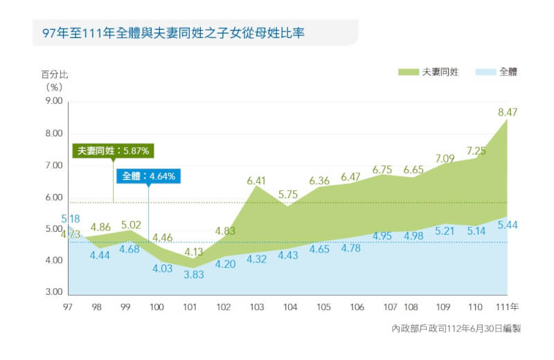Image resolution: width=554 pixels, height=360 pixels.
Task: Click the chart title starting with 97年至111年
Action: pos(175,33)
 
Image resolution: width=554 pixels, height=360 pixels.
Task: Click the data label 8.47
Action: pos(508,111)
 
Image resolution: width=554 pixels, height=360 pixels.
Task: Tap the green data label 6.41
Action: pos(257,181)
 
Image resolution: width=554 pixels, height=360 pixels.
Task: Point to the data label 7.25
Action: pos(476,151)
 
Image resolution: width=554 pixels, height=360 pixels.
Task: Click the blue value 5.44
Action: pos(508,225)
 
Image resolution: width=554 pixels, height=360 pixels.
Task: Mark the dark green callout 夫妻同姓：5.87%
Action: pos(113,150)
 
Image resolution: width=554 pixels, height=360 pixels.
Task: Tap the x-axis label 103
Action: pos(256,306)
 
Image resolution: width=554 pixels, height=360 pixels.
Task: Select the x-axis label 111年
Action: pos(508,306)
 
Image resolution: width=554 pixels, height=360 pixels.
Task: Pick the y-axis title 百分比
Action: pos(55,74)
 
